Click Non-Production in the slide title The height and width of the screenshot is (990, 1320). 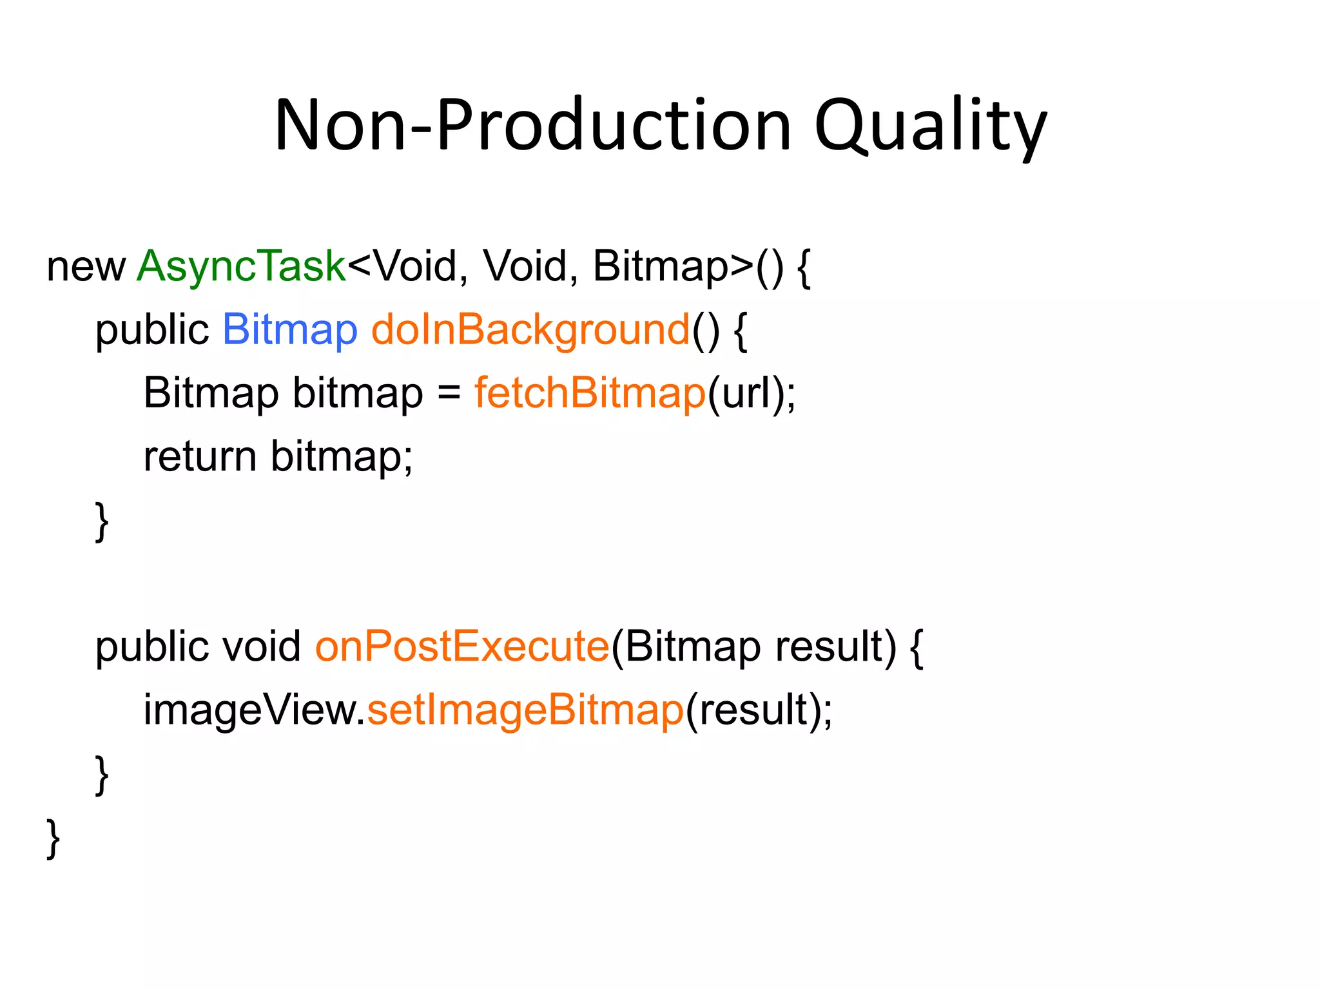[532, 126]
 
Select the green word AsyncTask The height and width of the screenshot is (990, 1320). [241, 266]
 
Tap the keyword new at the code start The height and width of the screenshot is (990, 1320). [86, 267]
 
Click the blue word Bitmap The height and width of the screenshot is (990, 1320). [289, 330]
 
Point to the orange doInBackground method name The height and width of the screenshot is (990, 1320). [530, 330]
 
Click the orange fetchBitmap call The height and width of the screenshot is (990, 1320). [590, 393]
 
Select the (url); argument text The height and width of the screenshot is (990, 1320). [752, 393]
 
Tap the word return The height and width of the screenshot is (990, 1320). [200, 456]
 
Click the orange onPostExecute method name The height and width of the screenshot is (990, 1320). [462, 646]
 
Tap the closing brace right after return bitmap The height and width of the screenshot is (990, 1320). [102, 521]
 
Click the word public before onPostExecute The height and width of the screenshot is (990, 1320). [151, 646]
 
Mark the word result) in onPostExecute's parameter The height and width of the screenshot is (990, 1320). [835, 646]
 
